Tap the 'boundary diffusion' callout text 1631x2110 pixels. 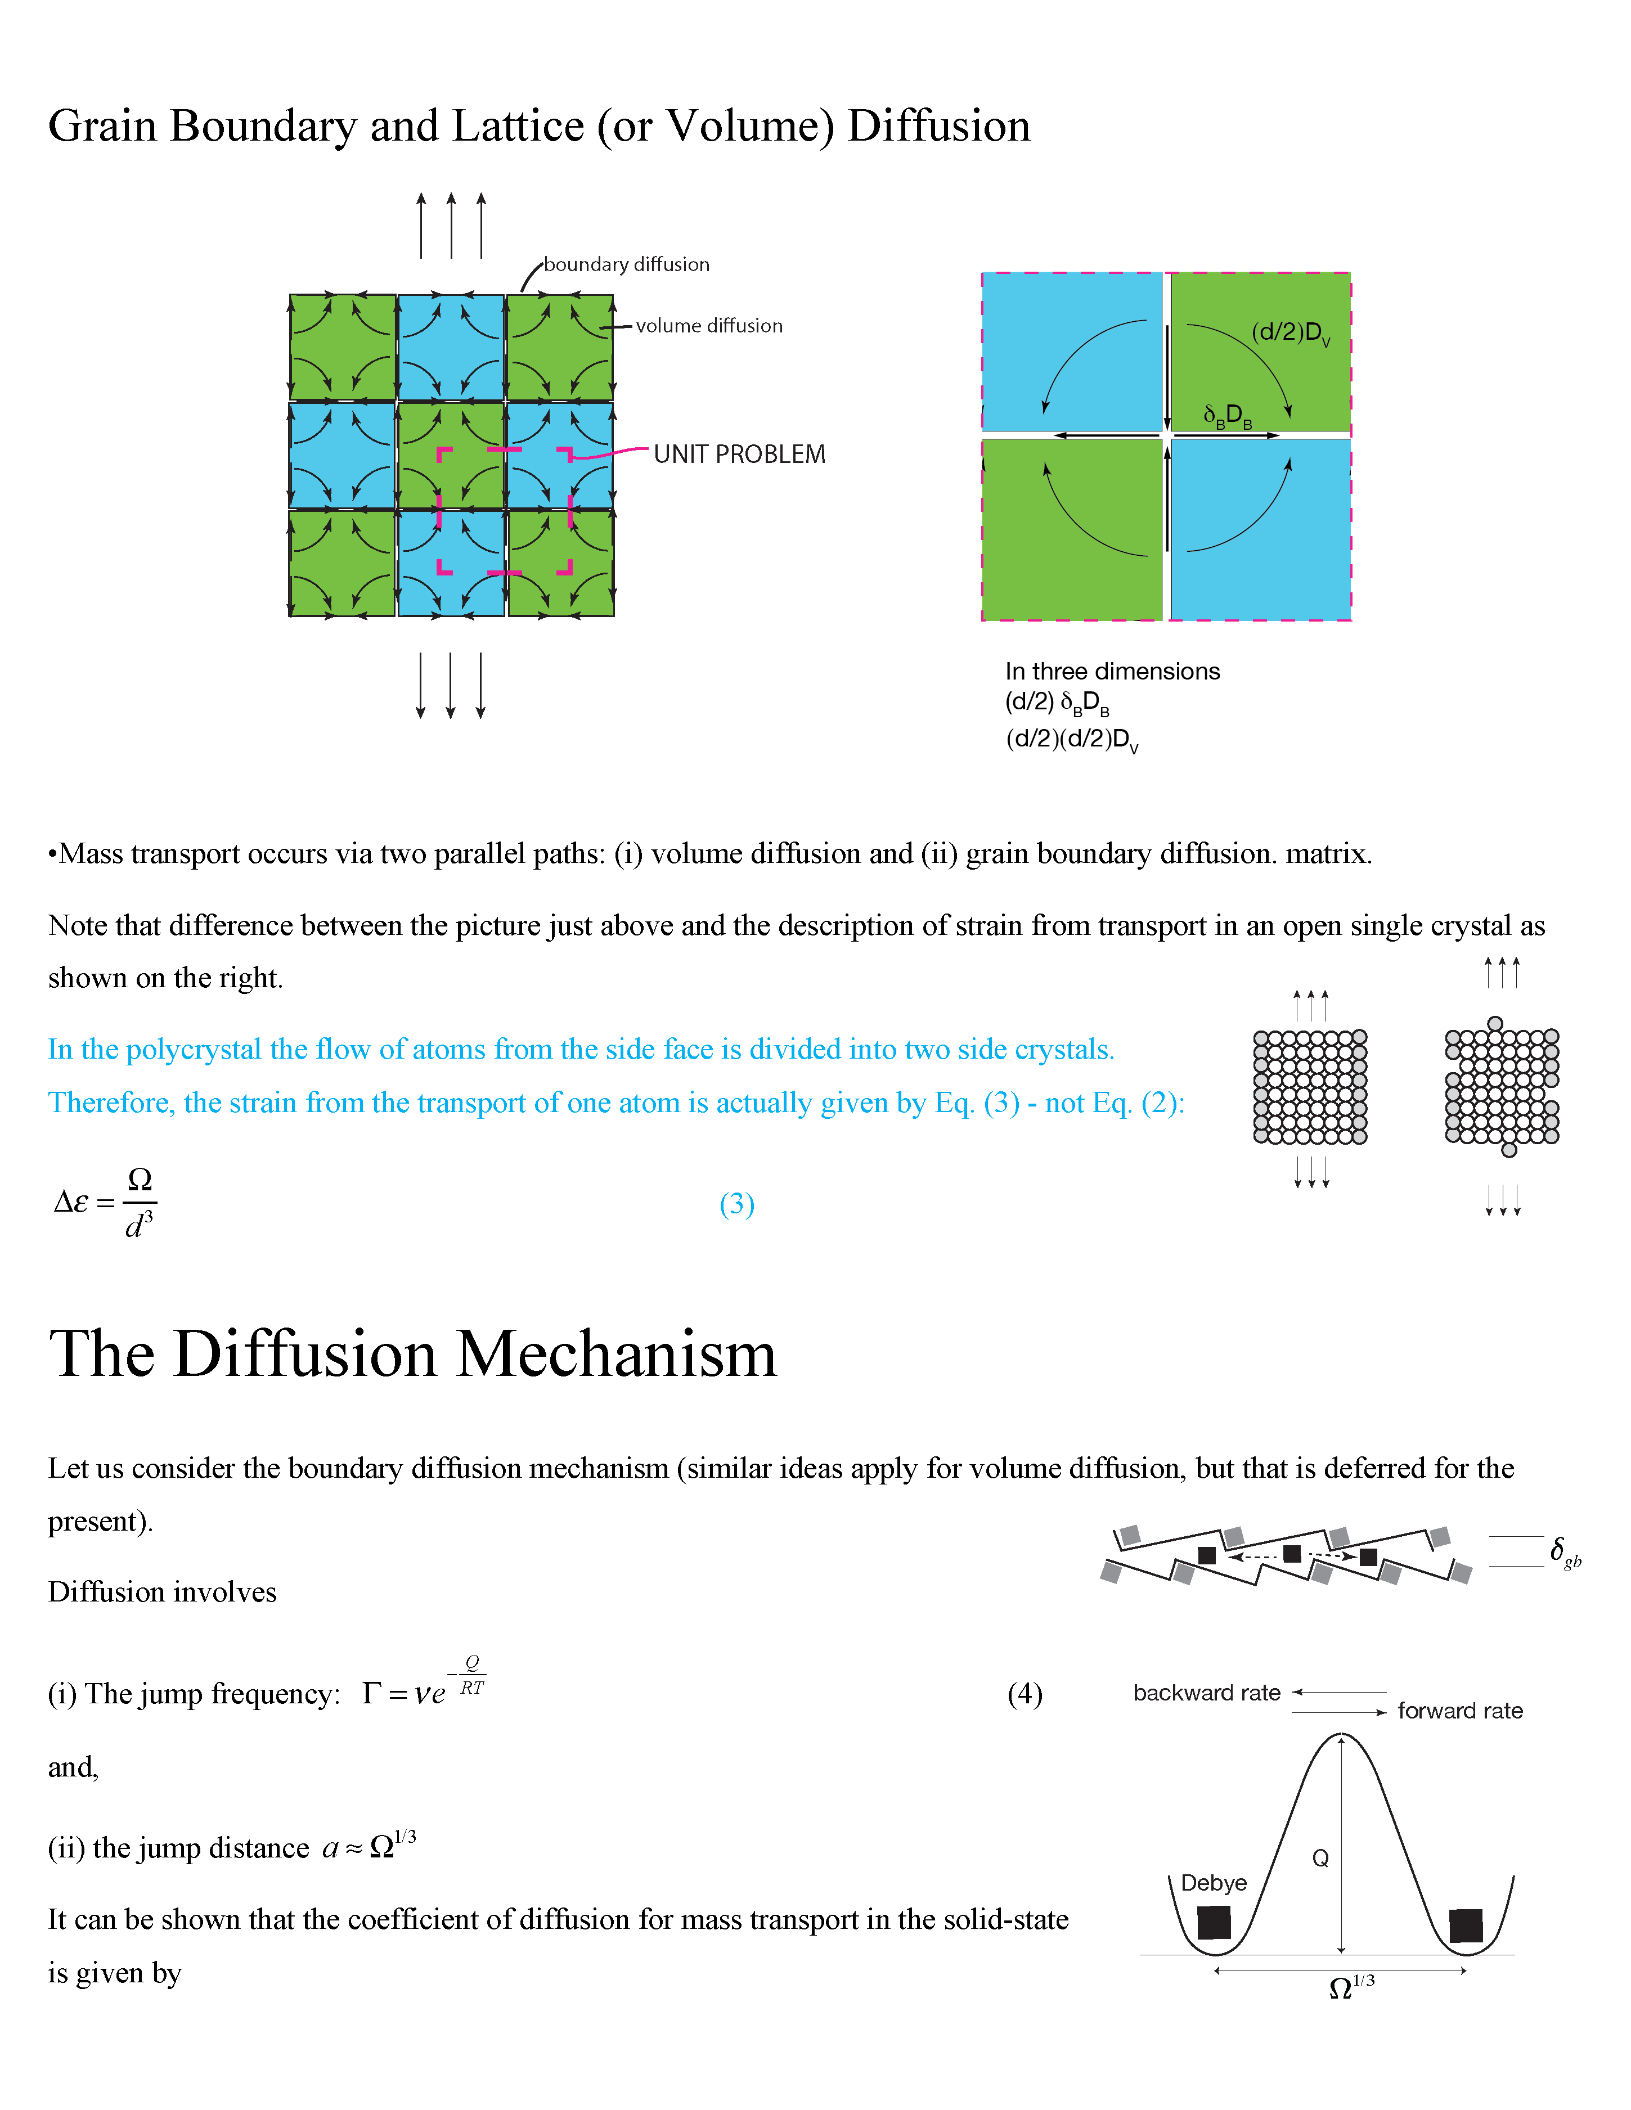pos(626,265)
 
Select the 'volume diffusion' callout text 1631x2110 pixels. pos(709,326)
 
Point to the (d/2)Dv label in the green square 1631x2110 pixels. pos(1290,334)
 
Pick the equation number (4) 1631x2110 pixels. pos(1024,1694)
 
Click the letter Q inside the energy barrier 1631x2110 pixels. pos(1320,1858)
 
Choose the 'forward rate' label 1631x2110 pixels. pos(1459,1711)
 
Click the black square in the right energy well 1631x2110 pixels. pos(1466,1925)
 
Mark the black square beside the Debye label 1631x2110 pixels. pos(1214,1923)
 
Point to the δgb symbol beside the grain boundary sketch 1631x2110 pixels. pos(1564,1551)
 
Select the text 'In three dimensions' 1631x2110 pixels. pos(1112,672)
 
